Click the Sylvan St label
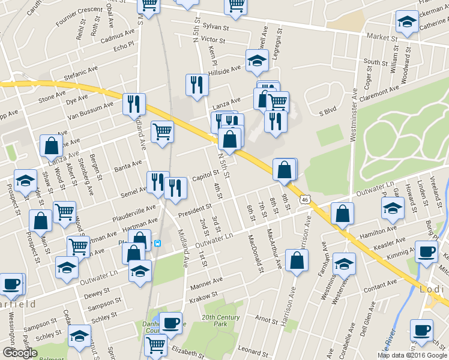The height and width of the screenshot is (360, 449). pyautogui.click(x=217, y=27)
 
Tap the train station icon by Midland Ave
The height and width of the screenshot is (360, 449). pyautogui.click(x=157, y=243)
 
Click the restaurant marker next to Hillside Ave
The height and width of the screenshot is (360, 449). pyautogui.click(x=196, y=85)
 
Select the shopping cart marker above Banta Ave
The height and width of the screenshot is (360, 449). pyautogui.click(x=162, y=131)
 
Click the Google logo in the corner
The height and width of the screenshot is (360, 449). pyautogui.click(x=20, y=353)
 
